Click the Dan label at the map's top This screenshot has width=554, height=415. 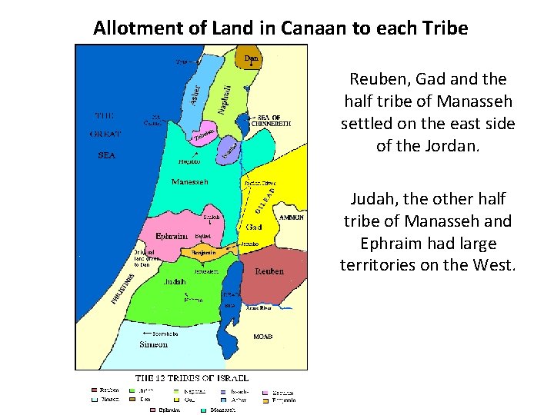251,58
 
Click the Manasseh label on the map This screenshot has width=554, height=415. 189,182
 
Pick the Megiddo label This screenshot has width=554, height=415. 189,161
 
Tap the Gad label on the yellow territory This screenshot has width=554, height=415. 255,227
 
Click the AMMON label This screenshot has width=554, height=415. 292,217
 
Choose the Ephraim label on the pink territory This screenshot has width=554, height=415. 174,236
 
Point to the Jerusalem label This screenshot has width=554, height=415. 207,271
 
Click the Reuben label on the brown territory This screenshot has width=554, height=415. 270,271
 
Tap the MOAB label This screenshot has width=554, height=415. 263,337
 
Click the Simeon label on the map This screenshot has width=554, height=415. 153,344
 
